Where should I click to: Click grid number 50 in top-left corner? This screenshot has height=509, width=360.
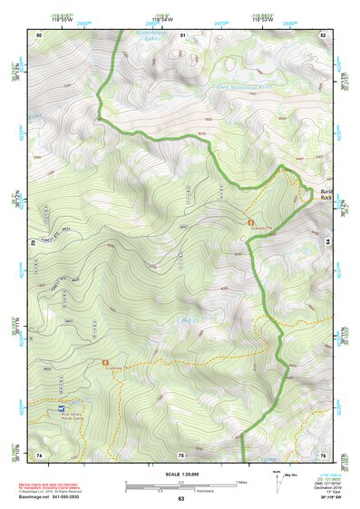(39, 34)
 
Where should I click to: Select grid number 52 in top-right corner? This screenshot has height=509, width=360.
(323, 34)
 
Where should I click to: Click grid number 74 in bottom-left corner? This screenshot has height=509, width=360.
(39, 455)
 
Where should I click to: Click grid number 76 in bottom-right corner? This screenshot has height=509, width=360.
(323, 455)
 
